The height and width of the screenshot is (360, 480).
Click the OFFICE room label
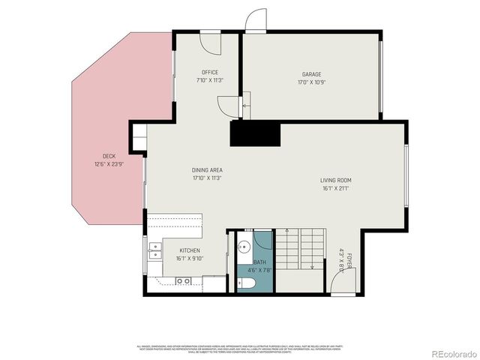(209, 72)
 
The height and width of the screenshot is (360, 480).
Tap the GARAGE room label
(311, 74)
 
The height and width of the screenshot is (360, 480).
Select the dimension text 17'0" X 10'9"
(311, 82)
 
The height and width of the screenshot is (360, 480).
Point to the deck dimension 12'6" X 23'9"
(109, 164)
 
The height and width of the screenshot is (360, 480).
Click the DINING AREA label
(207, 170)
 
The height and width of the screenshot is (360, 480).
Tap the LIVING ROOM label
(335, 180)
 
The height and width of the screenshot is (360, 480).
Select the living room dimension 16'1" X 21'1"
(335, 188)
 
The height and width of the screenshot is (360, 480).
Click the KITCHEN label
(189, 250)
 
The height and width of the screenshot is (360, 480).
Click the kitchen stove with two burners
(183, 281)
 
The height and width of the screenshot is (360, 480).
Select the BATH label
(259, 262)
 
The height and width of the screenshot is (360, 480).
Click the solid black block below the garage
(254, 134)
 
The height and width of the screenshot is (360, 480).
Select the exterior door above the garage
(256, 21)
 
